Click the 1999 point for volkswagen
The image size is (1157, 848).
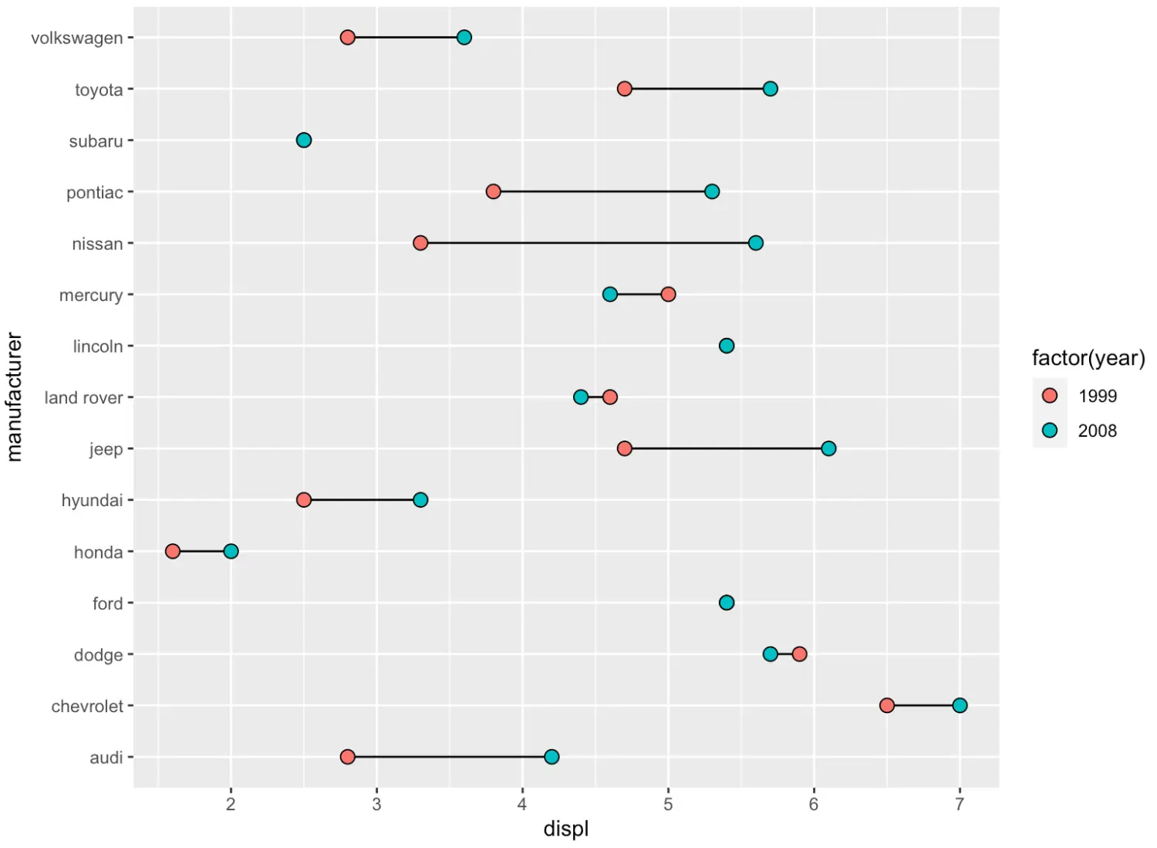pos(347,38)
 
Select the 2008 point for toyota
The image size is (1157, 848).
pos(770,89)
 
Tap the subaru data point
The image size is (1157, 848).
pos(304,140)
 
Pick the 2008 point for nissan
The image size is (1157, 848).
pos(756,243)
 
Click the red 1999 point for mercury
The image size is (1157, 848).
pos(668,294)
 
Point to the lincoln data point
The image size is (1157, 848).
pos(727,346)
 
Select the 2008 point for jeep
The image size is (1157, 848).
pos(828,448)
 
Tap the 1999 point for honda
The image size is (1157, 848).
pos(173,551)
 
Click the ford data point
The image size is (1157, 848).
pos(727,603)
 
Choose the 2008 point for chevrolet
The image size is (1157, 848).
pos(960,705)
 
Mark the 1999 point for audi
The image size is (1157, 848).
pos(347,757)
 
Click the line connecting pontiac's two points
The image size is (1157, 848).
pos(602,191)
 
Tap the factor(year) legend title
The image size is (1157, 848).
pos(1088,358)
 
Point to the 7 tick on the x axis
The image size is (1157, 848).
pos(960,804)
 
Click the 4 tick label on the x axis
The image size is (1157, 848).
pos(522,804)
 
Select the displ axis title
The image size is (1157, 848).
pos(565,829)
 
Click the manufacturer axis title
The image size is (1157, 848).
pos(15,397)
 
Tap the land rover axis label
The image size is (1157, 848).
pos(83,398)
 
